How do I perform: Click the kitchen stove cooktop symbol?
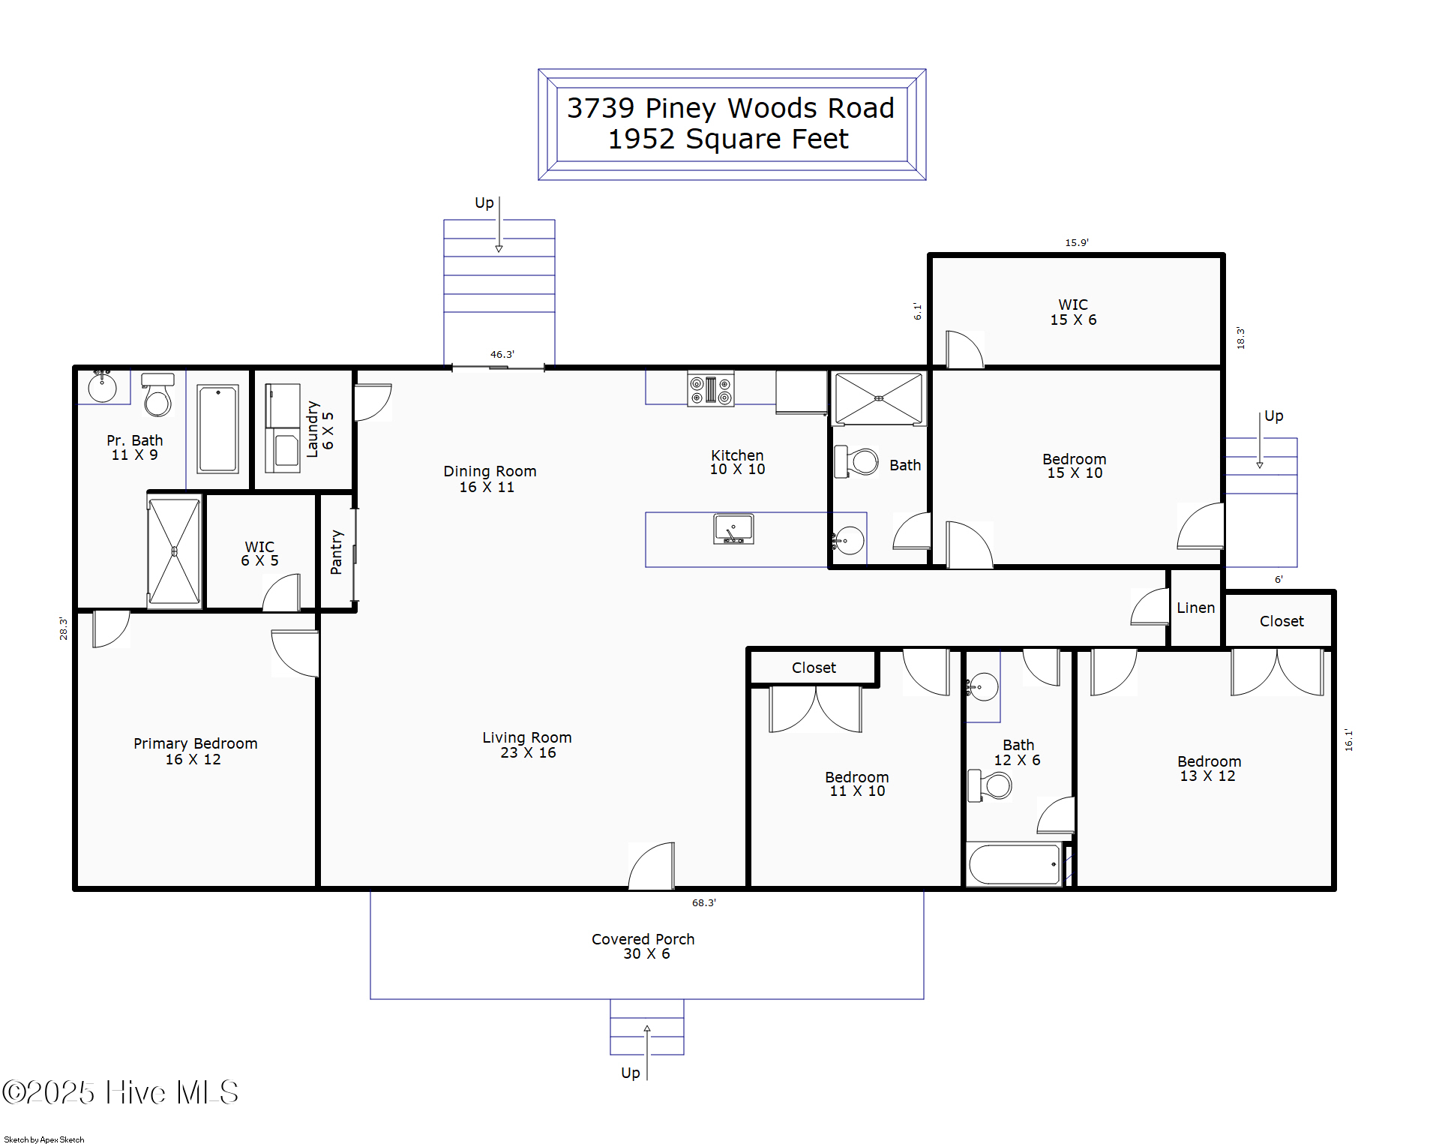(711, 389)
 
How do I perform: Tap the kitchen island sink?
(733, 529)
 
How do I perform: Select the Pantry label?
(336, 552)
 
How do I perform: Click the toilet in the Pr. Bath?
(157, 395)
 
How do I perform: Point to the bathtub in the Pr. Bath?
(217, 428)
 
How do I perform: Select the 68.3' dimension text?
(703, 902)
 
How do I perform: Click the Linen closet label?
(1195, 608)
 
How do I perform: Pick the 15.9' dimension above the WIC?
(1076, 242)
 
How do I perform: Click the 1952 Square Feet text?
(727, 140)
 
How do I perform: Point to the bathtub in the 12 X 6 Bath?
(1014, 864)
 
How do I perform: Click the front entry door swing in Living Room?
(652, 866)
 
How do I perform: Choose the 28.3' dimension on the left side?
(64, 628)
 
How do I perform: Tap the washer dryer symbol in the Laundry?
(283, 428)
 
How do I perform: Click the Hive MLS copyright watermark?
(120, 1092)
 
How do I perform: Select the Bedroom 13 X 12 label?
(1208, 768)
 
